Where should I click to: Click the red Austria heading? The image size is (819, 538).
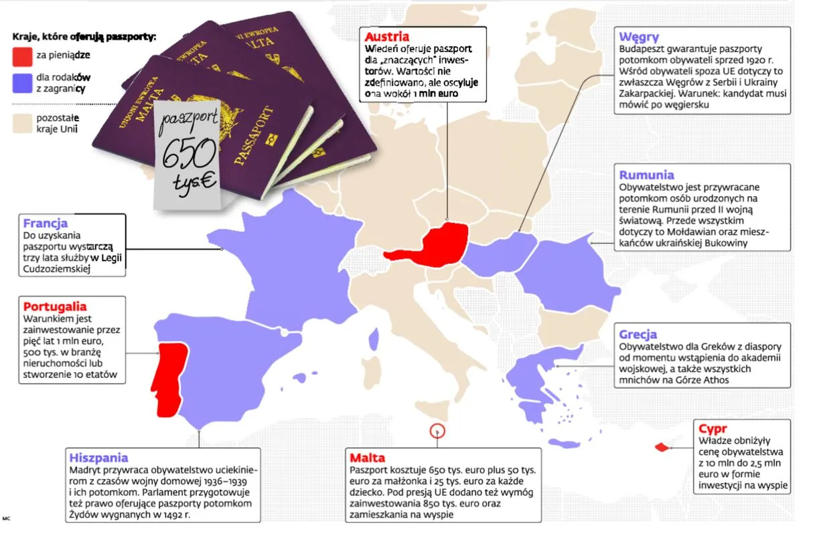click(x=386, y=37)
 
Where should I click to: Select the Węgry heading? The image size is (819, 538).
click(x=639, y=37)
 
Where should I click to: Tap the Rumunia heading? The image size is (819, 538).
click(x=646, y=176)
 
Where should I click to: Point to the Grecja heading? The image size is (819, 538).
click(x=638, y=334)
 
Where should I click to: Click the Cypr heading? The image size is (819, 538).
click(x=713, y=429)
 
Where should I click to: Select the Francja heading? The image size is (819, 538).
click(x=45, y=223)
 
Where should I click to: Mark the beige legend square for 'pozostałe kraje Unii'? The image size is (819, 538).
click(x=21, y=122)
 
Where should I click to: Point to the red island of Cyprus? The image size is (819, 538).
click(x=662, y=447)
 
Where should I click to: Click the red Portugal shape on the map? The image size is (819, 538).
click(x=169, y=378)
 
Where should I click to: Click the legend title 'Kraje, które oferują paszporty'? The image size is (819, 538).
click(x=84, y=36)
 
